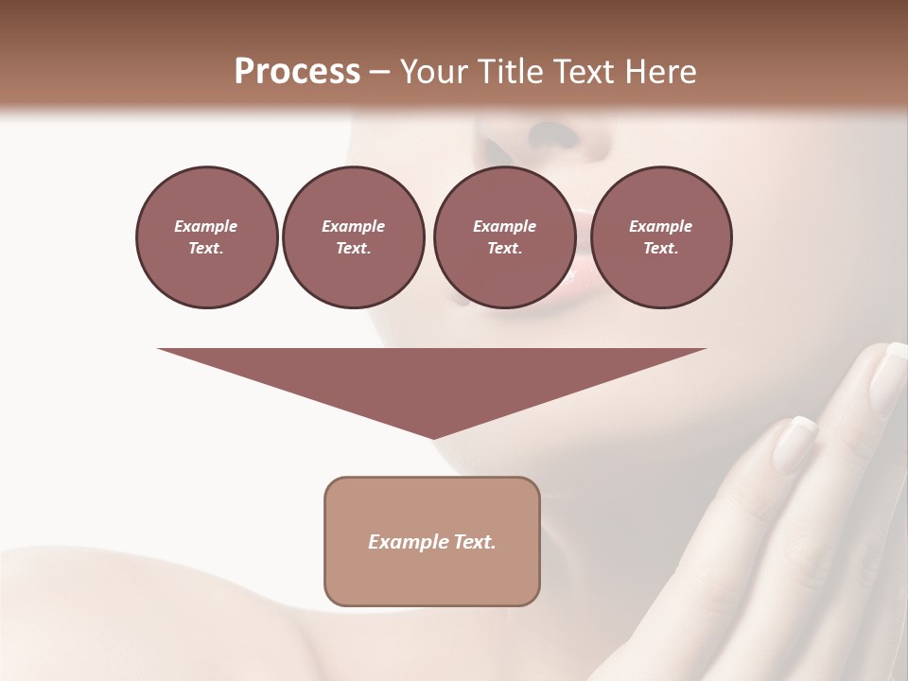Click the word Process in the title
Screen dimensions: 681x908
[x=297, y=72]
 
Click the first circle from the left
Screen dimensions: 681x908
[x=206, y=237]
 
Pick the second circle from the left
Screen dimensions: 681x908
[x=353, y=237]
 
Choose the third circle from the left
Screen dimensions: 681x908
[x=504, y=237]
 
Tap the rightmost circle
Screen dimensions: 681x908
[x=660, y=237]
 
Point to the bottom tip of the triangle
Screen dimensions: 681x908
[x=432, y=437]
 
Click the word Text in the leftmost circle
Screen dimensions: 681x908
[x=205, y=249]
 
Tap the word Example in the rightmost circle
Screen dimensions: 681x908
[x=660, y=226]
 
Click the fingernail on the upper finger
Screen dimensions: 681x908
[x=887, y=377]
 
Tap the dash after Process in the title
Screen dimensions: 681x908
[x=379, y=73]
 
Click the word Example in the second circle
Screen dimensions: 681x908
[x=353, y=226]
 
